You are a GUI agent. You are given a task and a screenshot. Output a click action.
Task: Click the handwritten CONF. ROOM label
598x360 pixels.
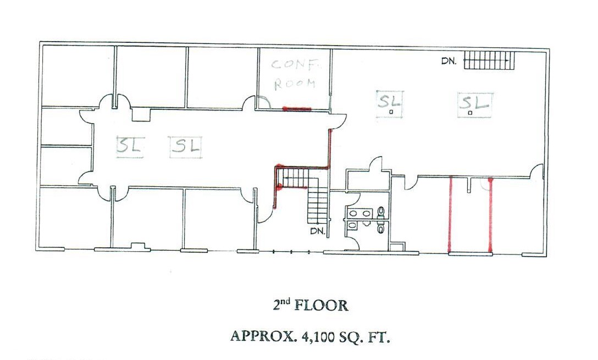pyautogui.click(x=295, y=74)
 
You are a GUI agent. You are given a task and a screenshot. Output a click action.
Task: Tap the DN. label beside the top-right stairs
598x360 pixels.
pyautogui.click(x=449, y=60)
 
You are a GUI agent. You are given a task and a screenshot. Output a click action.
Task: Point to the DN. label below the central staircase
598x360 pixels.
pyautogui.click(x=318, y=231)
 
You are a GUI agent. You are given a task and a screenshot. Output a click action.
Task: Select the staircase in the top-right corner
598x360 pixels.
pyautogui.click(x=489, y=60)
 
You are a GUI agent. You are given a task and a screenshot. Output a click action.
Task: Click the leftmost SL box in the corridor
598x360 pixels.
pyautogui.click(x=130, y=146)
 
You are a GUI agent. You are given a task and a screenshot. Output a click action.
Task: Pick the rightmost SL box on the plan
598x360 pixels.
pyautogui.click(x=475, y=105)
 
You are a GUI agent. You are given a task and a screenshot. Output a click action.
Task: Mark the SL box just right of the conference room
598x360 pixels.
pyautogui.click(x=389, y=104)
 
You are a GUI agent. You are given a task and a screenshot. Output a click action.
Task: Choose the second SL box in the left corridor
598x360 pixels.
pyautogui.click(x=185, y=147)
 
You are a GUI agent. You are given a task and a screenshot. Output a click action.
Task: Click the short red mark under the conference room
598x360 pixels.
pyautogui.click(x=297, y=109)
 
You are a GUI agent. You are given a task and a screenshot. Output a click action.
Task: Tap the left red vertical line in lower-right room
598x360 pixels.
pyautogui.click(x=450, y=215)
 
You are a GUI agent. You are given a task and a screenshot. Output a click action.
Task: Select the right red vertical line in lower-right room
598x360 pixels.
pyautogui.click(x=490, y=215)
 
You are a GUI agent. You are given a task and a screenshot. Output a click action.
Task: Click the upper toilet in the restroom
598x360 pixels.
pyautogui.click(x=380, y=212)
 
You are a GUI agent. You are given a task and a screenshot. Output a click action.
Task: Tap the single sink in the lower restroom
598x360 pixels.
pyautogui.click(x=352, y=226)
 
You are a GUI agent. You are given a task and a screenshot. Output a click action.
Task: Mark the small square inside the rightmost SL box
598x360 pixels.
pyautogui.click(x=470, y=113)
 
